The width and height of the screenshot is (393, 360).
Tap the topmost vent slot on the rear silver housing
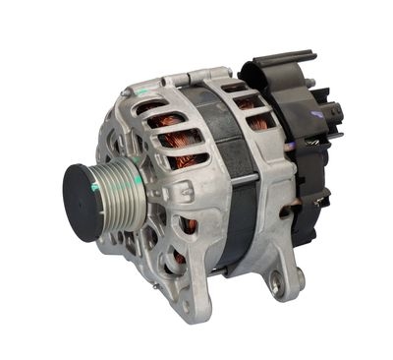pos(236,87)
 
